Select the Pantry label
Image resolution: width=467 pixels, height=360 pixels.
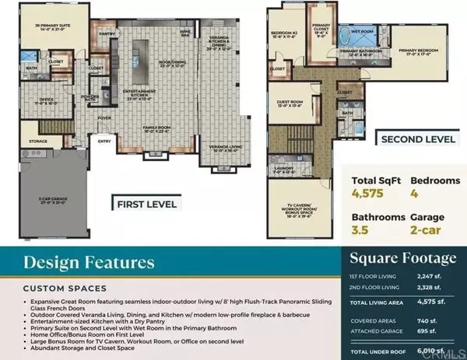coord(107,34)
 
